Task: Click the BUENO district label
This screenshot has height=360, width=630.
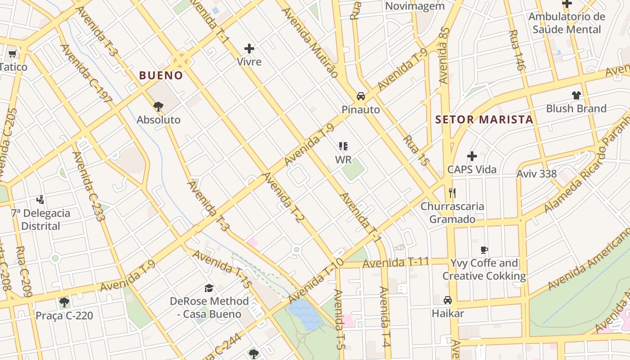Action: [161, 76]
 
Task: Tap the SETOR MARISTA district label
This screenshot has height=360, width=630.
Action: [484, 120]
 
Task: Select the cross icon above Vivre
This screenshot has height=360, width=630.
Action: [249, 49]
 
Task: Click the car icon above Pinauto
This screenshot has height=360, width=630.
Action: [361, 96]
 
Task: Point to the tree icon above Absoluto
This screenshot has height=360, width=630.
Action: [158, 107]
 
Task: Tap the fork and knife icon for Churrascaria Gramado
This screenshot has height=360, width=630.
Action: [452, 193]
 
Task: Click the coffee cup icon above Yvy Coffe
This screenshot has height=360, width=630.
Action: [484, 250]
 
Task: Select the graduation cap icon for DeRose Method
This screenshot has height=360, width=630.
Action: [209, 288]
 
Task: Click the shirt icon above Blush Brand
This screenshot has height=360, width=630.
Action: [576, 95]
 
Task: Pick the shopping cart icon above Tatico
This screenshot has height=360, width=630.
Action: [12, 54]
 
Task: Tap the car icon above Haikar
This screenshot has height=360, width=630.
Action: [448, 300]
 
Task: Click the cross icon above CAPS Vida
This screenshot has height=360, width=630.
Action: [472, 156]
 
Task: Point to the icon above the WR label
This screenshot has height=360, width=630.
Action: [343, 146]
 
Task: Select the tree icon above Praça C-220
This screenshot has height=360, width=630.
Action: [64, 302]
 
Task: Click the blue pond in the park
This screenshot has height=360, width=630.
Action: [305, 315]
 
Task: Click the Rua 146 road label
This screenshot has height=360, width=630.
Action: [517, 50]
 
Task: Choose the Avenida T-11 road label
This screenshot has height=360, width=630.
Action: [396, 262]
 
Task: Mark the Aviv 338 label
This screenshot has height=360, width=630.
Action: [536, 174]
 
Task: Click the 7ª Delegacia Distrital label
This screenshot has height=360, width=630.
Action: [41, 220]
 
